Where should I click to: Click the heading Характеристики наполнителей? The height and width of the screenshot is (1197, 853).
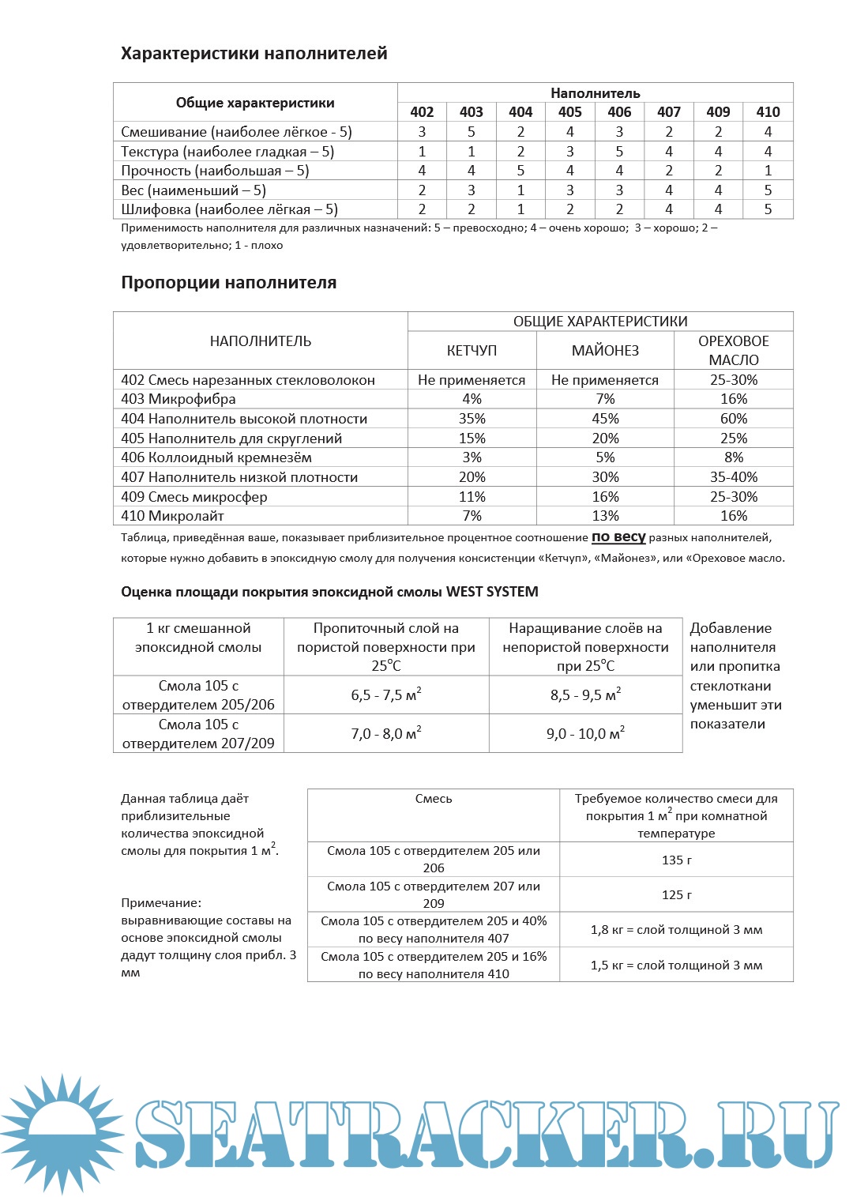[254, 54]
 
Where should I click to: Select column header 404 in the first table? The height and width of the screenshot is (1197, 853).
[520, 112]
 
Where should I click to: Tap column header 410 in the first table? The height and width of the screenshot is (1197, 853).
[768, 112]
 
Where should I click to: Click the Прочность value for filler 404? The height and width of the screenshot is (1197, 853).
[520, 171]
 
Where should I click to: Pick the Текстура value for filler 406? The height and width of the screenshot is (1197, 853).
[619, 152]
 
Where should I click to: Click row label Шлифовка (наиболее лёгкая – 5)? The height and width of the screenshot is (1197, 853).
[229, 209]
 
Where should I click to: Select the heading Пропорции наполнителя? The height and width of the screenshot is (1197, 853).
[228, 283]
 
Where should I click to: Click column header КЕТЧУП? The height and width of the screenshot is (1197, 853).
[472, 351]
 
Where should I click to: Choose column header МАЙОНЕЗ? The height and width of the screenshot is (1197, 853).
[605, 351]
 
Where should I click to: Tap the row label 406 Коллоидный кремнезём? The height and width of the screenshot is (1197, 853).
[216, 457]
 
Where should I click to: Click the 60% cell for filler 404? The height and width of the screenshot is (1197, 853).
[734, 419]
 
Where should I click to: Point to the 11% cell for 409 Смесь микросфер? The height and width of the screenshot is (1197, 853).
[472, 497]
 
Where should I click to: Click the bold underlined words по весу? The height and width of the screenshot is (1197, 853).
[618, 537]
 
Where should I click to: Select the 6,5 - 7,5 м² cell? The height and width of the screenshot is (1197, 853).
[386, 695]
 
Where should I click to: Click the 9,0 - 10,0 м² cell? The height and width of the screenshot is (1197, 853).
[585, 734]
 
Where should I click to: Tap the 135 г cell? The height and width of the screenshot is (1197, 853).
[676, 860]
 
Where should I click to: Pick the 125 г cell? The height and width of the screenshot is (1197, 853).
[676, 894]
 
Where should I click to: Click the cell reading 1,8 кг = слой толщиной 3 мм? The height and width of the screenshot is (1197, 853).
[676, 930]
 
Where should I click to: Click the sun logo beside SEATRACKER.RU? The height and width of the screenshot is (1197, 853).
[62, 1134]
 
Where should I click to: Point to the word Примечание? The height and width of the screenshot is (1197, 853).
[161, 903]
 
